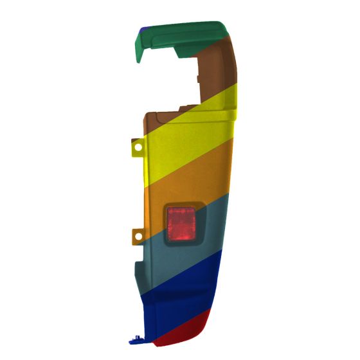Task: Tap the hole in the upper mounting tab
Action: (x=138, y=148)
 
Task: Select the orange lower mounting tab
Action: (x=137, y=236)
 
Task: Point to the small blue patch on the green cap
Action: (x=144, y=28)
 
